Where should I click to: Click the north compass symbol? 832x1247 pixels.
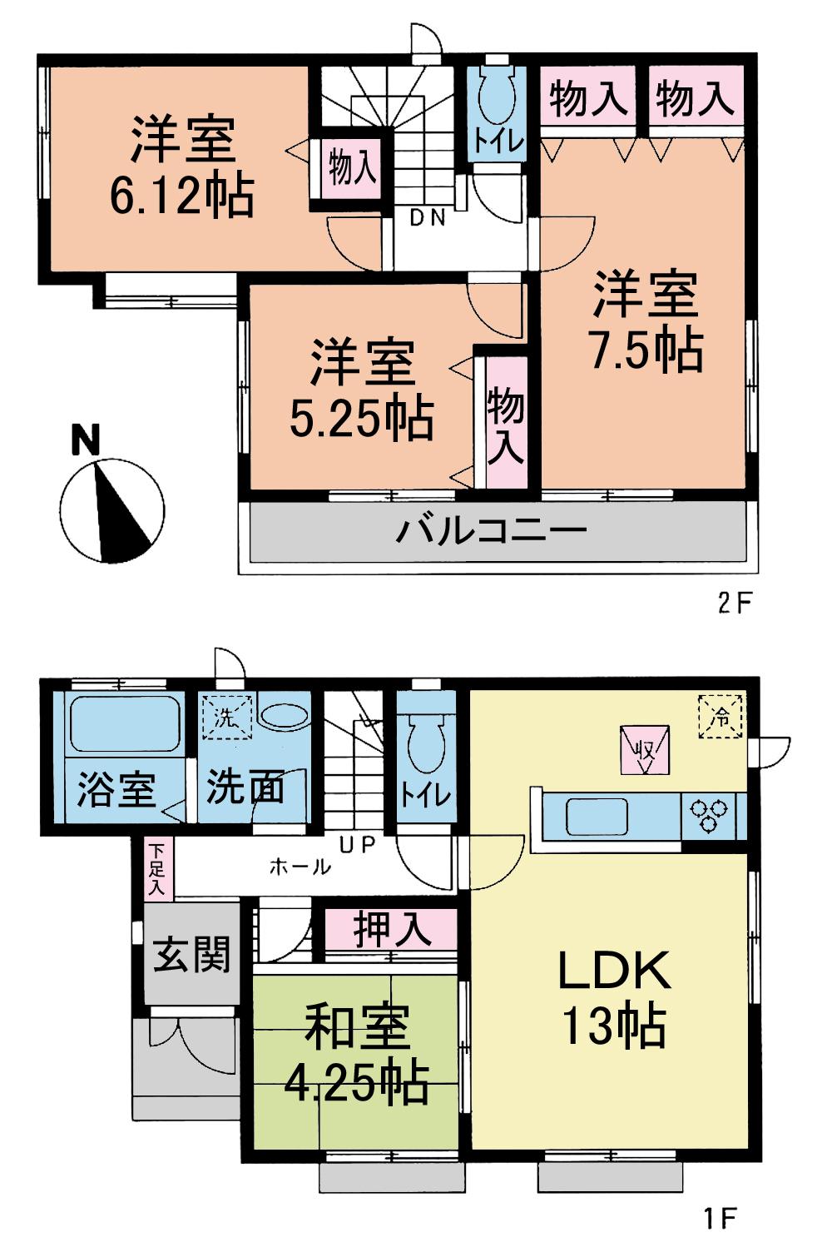pos(111,508)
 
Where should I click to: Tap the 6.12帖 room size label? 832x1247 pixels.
pos(181,196)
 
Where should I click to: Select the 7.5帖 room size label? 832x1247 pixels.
pos(646,350)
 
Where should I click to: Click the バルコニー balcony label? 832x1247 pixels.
pos(491,529)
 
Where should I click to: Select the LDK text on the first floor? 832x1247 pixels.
pos(614,971)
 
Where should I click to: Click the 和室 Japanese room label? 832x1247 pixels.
pos(357,1027)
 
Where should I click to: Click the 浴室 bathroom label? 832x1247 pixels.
pos(116,790)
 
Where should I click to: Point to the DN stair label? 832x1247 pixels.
pos(428,218)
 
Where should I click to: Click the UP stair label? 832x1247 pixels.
pos(357,844)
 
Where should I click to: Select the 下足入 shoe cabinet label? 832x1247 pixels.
pos(156,870)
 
